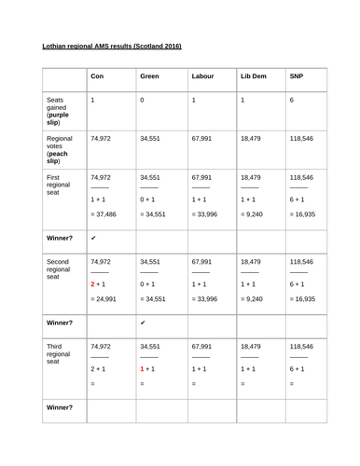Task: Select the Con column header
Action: click(97, 76)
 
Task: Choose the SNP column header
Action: click(298, 76)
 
